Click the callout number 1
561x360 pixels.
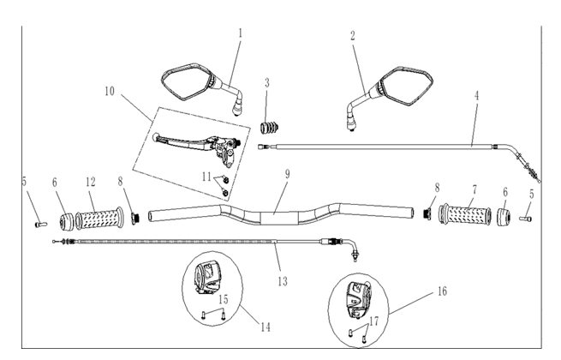(241, 33)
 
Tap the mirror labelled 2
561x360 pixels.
(390, 93)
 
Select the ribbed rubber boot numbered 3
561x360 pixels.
(270, 128)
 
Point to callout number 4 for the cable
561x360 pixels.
(476, 96)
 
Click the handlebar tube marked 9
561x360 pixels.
(280, 214)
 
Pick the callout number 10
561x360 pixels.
(110, 91)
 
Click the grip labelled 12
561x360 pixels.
(99, 219)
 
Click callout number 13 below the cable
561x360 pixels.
(283, 281)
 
